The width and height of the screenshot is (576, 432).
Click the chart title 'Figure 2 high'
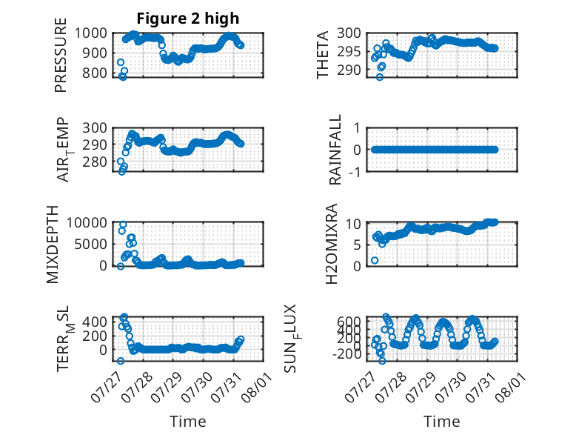pos(188,19)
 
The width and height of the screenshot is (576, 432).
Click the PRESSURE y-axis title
pos(61,55)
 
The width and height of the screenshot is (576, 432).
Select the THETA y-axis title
pos(323,55)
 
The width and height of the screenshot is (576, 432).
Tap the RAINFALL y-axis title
pos(335,150)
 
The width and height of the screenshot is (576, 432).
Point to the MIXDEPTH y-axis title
pos(53,245)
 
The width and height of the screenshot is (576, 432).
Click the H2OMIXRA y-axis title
pos(332,244)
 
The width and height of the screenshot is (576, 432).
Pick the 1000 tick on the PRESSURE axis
pos(91,33)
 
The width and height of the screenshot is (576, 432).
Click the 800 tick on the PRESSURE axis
pos(95,73)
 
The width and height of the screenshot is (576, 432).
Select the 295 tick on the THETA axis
pos(349,51)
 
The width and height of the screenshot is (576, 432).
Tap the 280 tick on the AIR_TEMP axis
pos(95,162)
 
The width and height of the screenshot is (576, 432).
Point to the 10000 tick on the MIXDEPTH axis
pos(87,223)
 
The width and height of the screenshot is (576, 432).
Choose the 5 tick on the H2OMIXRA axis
pos(358,245)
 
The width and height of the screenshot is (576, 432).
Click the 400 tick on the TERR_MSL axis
pos(95,322)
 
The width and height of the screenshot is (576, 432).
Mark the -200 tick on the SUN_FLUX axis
pos(347,354)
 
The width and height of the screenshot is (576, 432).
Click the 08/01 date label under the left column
pos(257,387)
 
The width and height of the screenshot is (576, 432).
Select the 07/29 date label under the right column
pos(421,387)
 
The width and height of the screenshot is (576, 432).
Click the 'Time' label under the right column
pos(441,422)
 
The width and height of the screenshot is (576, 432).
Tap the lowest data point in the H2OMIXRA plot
pos(375,260)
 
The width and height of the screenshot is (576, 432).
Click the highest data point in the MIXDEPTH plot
pos(123,225)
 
